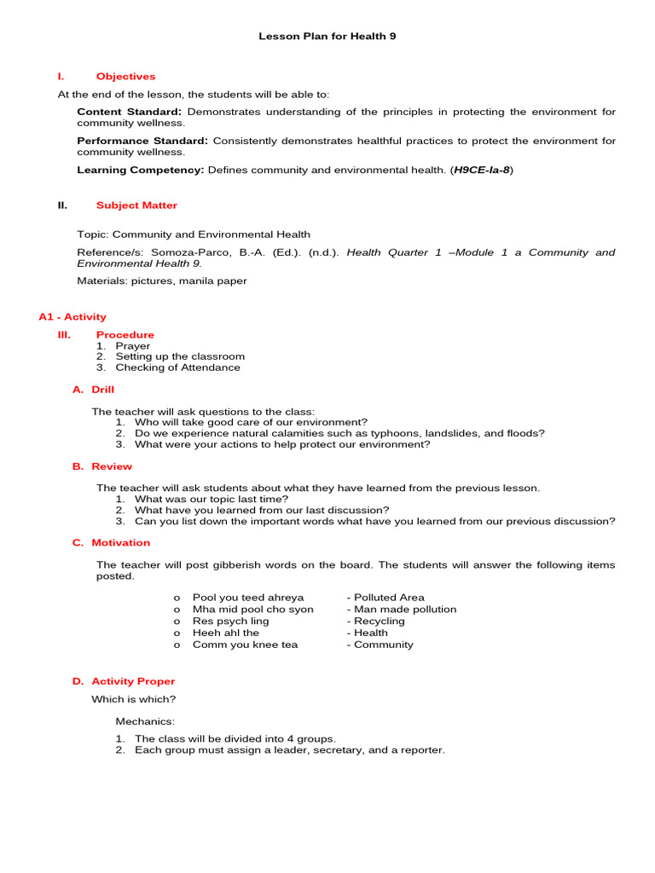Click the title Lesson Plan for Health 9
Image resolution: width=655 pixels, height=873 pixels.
327,37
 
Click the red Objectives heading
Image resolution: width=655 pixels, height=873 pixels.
125,77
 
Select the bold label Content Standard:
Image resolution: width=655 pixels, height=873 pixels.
129,113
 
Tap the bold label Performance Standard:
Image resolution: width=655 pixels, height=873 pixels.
142,141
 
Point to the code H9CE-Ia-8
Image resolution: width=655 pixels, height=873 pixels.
482,170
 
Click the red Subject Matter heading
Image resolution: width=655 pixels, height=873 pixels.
136,205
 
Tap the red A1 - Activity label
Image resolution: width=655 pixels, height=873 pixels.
72,316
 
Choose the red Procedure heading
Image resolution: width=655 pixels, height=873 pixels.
125,335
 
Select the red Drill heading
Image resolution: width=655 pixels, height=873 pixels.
102,390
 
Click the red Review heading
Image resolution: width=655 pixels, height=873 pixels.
112,466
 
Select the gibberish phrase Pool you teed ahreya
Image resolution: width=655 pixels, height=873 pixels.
248,598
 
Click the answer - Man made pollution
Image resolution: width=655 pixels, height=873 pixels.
401,610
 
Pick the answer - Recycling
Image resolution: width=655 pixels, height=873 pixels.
375,622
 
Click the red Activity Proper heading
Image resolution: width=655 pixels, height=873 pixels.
133,681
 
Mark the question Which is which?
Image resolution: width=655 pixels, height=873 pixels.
134,699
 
